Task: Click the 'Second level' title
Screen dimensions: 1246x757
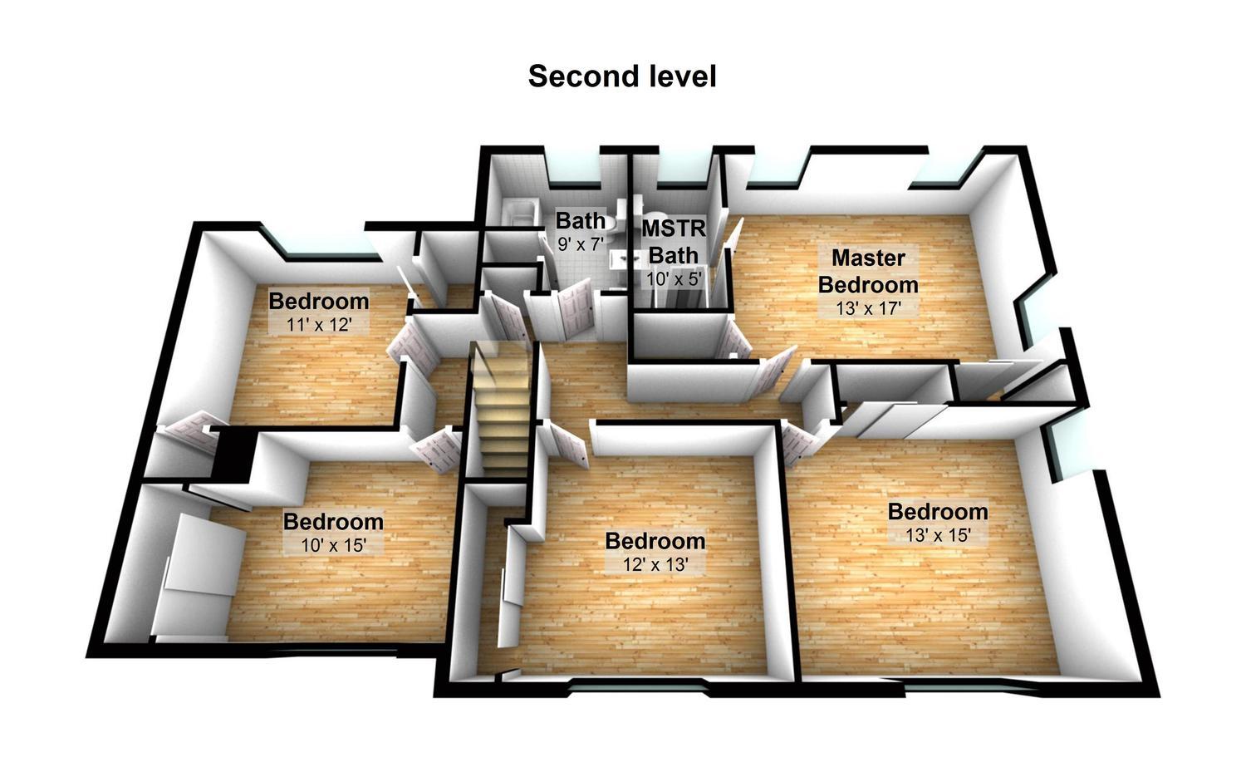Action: pyautogui.click(x=622, y=76)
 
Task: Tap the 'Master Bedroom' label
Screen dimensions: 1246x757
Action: pyautogui.click(x=868, y=271)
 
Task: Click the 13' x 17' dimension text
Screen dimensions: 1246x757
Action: pyautogui.click(x=868, y=307)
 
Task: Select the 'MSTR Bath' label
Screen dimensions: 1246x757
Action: pyautogui.click(x=674, y=242)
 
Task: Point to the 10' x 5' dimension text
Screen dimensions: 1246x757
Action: pyautogui.click(x=674, y=278)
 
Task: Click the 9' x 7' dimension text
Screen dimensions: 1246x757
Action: pyautogui.click(x=581, y=243)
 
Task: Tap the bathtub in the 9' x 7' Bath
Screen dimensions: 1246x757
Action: pyautogui.click(x=518, y=214)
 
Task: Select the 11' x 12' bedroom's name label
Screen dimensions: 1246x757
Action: pyautogui.click(x=319, y=301)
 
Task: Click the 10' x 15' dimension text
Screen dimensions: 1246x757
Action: pyautogui.click(x=333, y=545)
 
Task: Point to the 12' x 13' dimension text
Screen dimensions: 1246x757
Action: pyautogui.click(x=655, y=564)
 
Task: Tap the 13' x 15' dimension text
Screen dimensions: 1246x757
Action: pyautogui.click(x=938, y=535)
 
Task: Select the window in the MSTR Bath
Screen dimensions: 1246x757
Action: pyautogui.click(x=675, y=167)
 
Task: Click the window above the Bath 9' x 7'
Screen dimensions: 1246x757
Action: pyautogui.click(x=573, y=167)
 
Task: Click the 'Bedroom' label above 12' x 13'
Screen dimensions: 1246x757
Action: pyautogui.click(x=655, y=541)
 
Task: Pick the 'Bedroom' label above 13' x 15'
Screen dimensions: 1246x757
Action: pyautogui.click(x=938, y=512)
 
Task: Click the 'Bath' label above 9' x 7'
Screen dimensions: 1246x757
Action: pyautogui.click(x=581, y=220)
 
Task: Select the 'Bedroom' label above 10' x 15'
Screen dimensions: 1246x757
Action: pyautogui.click(x=333, y=522)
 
